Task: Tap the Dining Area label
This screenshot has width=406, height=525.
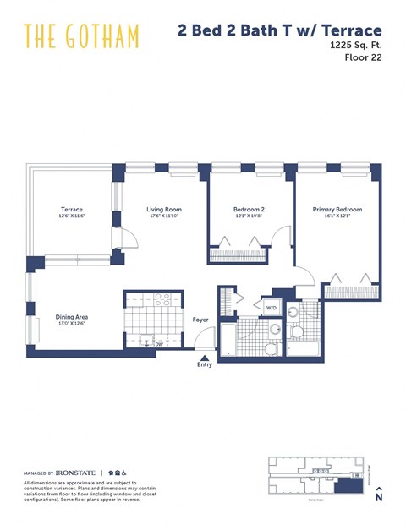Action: (x=72, y=317)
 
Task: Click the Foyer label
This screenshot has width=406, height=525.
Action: (x=200, y=320)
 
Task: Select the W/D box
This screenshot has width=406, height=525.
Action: (x=272, y=308)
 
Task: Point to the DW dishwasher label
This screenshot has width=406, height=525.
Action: (x=158, y=343)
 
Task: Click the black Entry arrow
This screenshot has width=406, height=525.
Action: (x=204, y=358)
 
